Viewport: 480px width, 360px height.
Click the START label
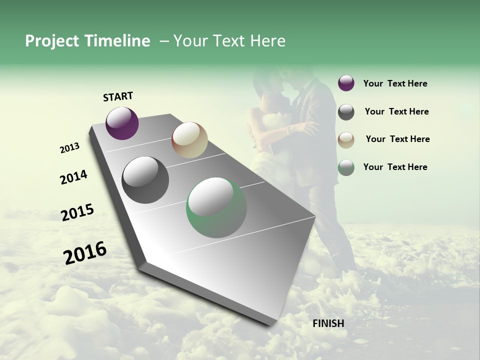pyautogui.click(x=118, y=96)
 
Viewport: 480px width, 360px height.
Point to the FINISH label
pyautogui.click(x=328, y=323)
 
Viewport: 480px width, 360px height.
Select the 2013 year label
pyautogui.click(x=69, y=148)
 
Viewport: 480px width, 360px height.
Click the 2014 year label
pyautogui.click(x=73, y=177)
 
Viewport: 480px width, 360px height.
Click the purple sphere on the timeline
pyautogui.click(x=122, y=123)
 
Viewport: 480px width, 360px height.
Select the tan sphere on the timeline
pyautogui.click(x=189, y=140)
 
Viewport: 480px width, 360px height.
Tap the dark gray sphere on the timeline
pyautogui.click(x=145, y=180)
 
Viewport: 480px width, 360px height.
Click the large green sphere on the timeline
pyautogui.click(x=216, y=207)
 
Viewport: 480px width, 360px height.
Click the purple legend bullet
pyautogui.click(x=346, y=83)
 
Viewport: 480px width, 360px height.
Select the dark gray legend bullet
pyautogui.click(x=346, y=112)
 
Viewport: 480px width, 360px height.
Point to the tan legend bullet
pyautogui.click(x=346, y=140)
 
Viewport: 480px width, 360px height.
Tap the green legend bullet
pyautogui.click(x=346, y=167)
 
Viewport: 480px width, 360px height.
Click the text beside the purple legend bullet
pyautogui.click(x=395, y=83)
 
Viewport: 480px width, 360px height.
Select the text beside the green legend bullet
pyautogui.click(x=395, y=167)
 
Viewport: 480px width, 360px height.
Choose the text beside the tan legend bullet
pyautogui.click(x=397, y=139)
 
